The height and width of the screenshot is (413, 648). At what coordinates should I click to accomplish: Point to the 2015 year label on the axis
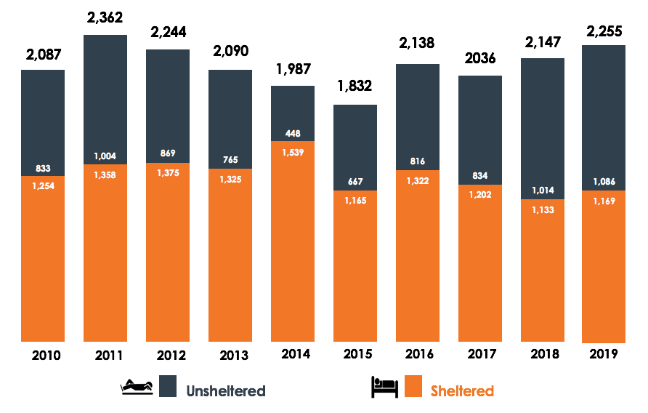(357, 355)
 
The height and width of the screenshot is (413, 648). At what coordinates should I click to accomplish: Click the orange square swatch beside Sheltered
(413, 386)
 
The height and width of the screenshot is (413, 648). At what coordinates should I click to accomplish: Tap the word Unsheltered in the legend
(225, 390)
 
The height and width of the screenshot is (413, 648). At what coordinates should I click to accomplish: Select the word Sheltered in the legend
(462, 390)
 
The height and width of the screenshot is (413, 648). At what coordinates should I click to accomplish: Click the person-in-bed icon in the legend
(384, 386)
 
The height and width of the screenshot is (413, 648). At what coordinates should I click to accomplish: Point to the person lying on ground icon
(137, 387)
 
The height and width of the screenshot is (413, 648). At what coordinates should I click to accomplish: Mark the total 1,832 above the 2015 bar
(355, 86)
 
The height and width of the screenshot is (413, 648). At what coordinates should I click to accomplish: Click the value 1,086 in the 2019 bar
(604, 182)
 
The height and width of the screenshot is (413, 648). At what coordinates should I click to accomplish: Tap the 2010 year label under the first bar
(46, 356)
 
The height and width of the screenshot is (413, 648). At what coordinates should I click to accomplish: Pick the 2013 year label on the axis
(232, 356)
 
